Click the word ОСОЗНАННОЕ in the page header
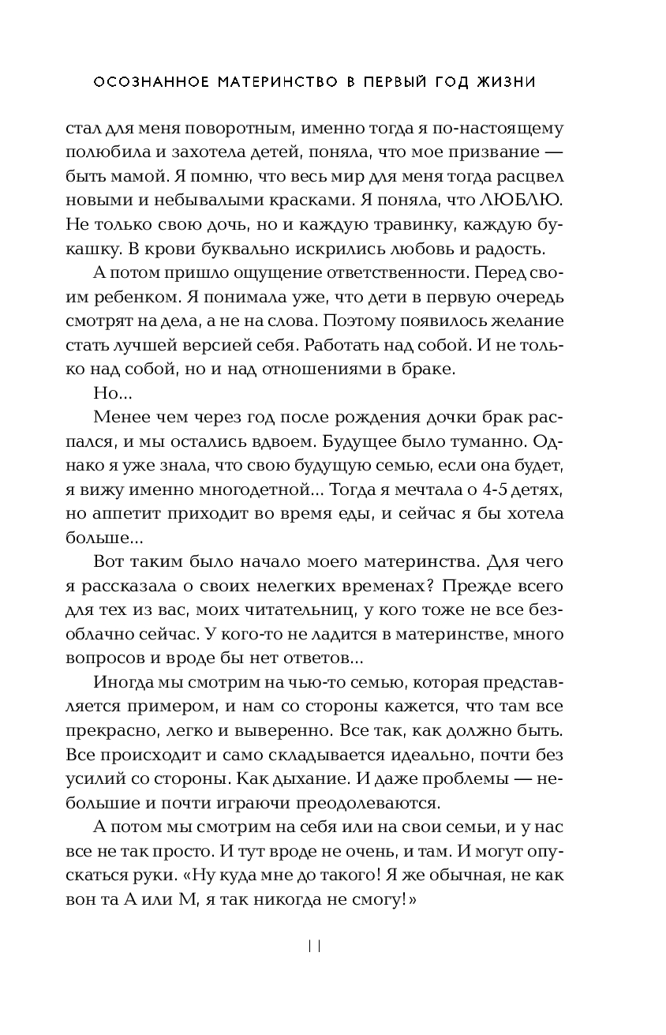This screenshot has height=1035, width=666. click(142, 81)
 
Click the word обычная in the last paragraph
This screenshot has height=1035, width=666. click(470, 876)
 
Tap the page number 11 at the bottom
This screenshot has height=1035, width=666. click(315, 947)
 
